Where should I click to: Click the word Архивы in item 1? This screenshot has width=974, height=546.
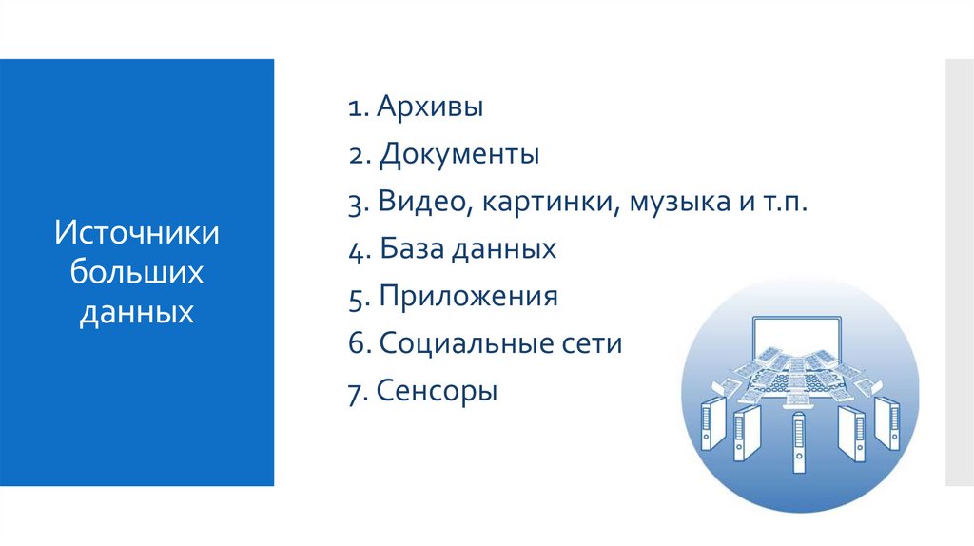[x=430, y=107]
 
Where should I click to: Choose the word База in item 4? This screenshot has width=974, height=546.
[x=407, y=249]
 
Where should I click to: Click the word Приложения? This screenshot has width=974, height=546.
[x=468, y=297]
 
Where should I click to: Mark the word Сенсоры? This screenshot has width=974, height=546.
[x=437, y=390]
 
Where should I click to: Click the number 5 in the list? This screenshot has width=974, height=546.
[x=355, y=298]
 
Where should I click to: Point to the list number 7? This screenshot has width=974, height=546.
[x=354, y=391]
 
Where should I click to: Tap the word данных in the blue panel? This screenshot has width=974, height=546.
[x=137, y=312]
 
